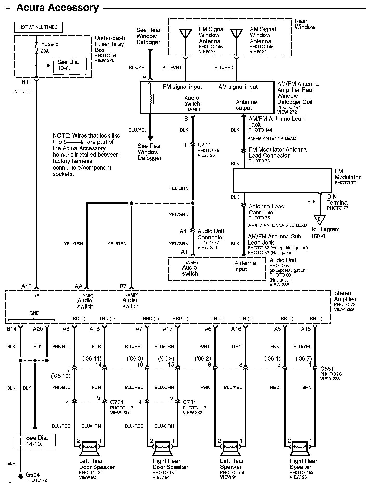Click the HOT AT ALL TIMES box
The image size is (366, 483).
tap(38, 27)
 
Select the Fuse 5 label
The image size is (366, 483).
tap(50, 44)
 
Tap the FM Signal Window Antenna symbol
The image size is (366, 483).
tap(186, 34)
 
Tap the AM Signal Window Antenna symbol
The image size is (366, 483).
tap(236, 34)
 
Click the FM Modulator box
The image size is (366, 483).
tap(282, 181)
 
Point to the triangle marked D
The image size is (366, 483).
tap(319, 220)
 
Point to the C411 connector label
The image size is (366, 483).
tap(204, 145)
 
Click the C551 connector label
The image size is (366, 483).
tap(327, 369)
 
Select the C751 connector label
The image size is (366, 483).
tap(117, 402)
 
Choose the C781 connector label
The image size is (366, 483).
tap(189, 402)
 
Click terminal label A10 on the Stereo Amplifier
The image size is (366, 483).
tap(26, 286)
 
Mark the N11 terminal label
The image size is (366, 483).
tap(26, 82)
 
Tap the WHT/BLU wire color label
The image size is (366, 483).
tap(23, 92)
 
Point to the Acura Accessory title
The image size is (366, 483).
tap(57, 8)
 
